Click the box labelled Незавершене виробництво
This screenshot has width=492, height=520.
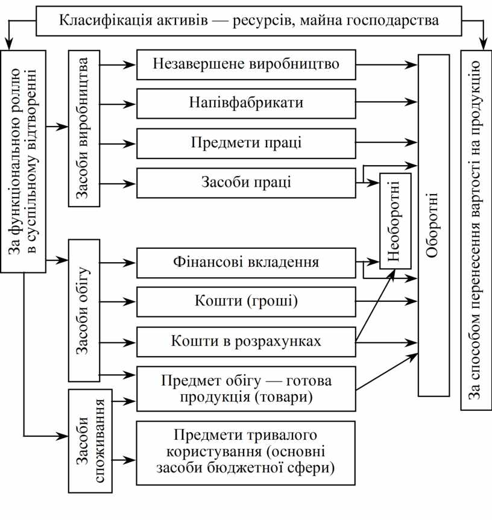click(246, 63)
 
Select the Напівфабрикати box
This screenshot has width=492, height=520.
click(246, 103)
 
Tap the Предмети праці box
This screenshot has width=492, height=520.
click(246, 143)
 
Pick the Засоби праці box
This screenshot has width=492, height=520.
click(246, 183)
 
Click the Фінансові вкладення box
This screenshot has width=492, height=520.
click(246, 262)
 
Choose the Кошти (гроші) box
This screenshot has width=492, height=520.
click(246, 301)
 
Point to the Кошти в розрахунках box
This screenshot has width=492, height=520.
click(246, 341)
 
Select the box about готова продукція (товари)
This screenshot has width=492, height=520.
click(246, 389)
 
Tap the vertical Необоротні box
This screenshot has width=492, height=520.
click(395, 221)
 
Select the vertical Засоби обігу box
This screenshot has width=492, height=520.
click(84, 310)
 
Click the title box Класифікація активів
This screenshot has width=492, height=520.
click(248, 20)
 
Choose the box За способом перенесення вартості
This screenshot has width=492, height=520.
click(476, 229)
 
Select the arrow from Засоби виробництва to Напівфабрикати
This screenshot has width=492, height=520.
click(118, 104)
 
